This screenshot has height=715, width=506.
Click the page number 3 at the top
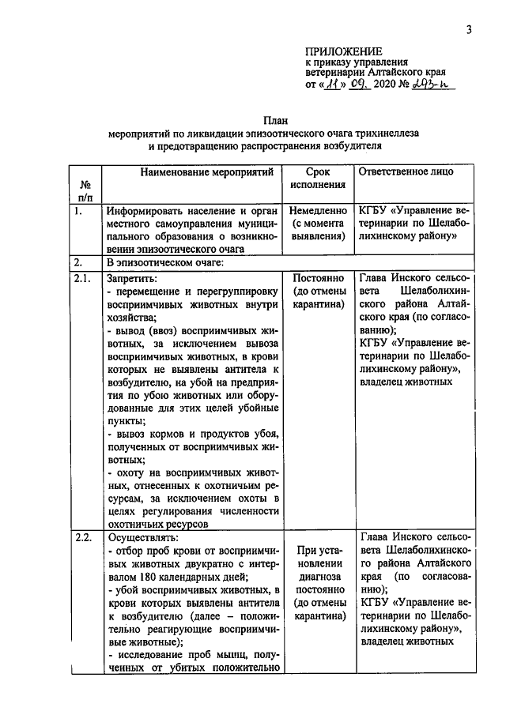point(469,30)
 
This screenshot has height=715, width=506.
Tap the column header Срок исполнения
point(318,178)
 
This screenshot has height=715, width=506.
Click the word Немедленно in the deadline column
point(318,212)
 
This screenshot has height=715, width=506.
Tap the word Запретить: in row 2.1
point(130,279)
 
